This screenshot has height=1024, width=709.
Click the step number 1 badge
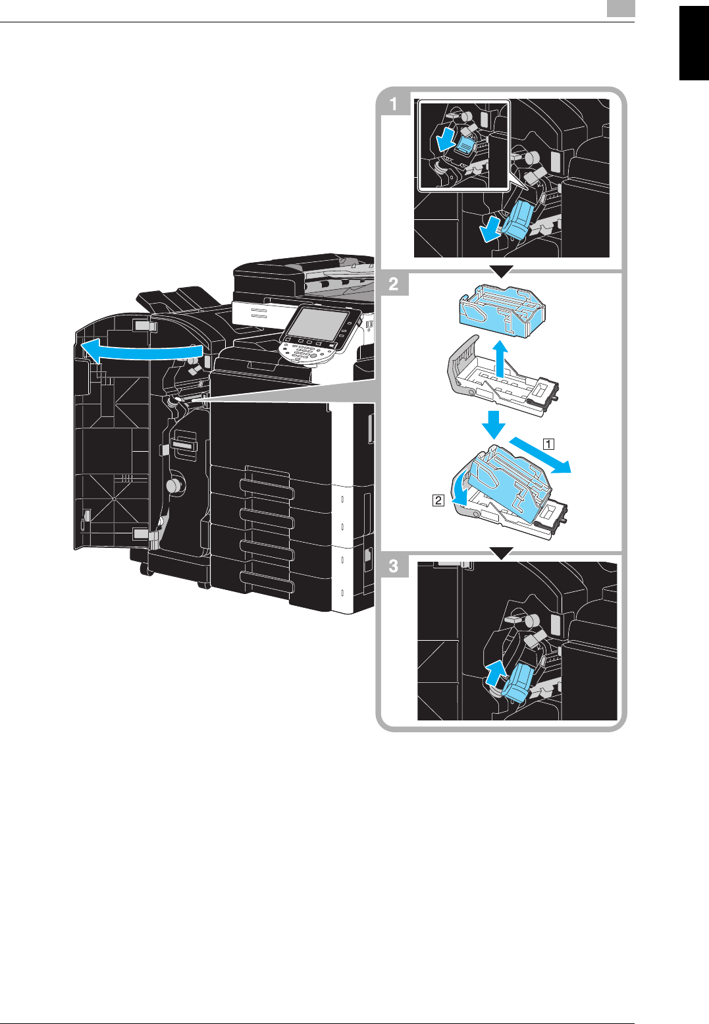(394, 103)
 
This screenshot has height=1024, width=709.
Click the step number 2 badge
(394, 284)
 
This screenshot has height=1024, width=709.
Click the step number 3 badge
(394, 566)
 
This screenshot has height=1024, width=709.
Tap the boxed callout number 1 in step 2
(548, 443)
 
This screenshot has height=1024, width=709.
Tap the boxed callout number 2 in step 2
(438, 500)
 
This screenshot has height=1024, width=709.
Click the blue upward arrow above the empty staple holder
(502, 358)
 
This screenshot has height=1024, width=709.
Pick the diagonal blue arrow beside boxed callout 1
(543, 454)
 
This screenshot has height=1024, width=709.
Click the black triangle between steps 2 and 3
(502, 554)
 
